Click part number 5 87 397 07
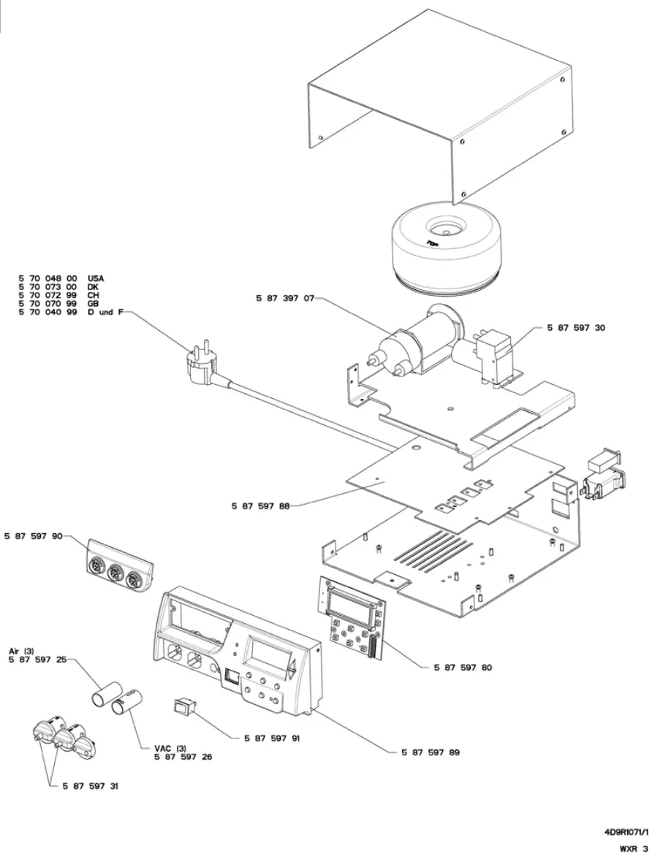click(x=285, y=299)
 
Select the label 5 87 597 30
click(x=576, y=329)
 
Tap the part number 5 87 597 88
click(x=259, y=505)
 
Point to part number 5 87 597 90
click(x=34, y=536)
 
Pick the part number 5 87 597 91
click(x=271, y=738)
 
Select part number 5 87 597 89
click(x=431, y=751)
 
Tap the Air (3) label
click(x=21, y=651)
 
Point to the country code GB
click(x=93, y=303)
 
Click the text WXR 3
click(x=633, y=849)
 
